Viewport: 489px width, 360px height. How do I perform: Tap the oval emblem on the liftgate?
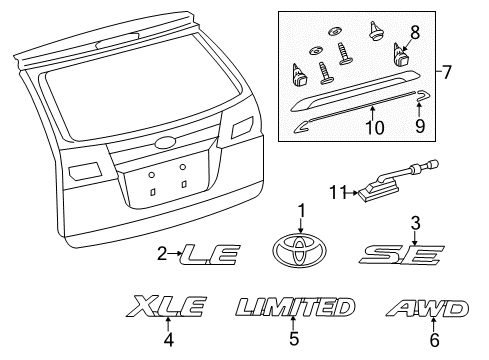pyautogui.click(x=165, y=143)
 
